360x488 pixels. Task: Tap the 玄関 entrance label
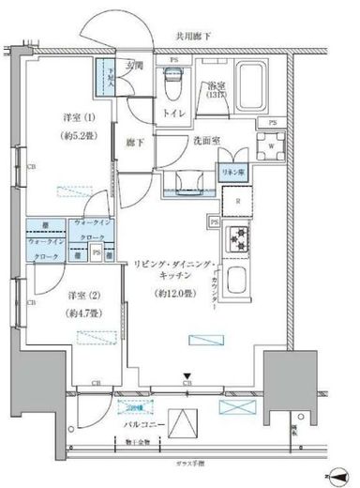click(x=136, y=66)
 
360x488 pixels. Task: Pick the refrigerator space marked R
click(x=238, y=201)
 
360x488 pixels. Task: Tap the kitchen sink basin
click(x=238, y=282)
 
